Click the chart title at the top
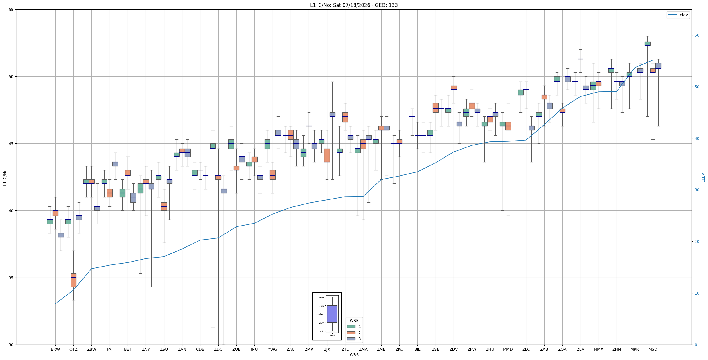pyautogui.click(x=354, y=5)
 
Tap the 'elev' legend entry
pyautogui.click(x=678, y=15)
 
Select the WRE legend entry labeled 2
pyautogui.click(x=354, y=333)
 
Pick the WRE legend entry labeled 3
pyautogui.click(x=354, y=339)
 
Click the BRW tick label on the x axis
pyautogui.click(x=55, y=349)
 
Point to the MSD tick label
pyautogui.click(x=653, y=349)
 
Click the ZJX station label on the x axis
pyautogui.click(x=327, y=349)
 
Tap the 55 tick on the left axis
pyautogui.click(x=11, y=10)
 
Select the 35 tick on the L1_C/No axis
pyautogui.click(x=11, y=278)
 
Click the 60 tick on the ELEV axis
pyautogui.click(x=697, y=35)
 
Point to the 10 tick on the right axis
pyautogui.click(x=697, y=293)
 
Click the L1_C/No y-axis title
pyautogui.click(x=5, y=177)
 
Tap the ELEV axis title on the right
pyautogui.click(x=703, y=177)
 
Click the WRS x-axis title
pyautogui.click(x=354, y=355)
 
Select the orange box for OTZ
pyautogui.click(x=73, y=280)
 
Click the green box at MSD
pyautogui.click(x=647, y=44)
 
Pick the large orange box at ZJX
pyautogui.click(x=327, y=155)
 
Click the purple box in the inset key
pyautogui.click(x=332, y=314)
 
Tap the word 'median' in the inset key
pyautogui.click(x=320, y=314)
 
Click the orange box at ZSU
pyautogui.click(x=164, y=206)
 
